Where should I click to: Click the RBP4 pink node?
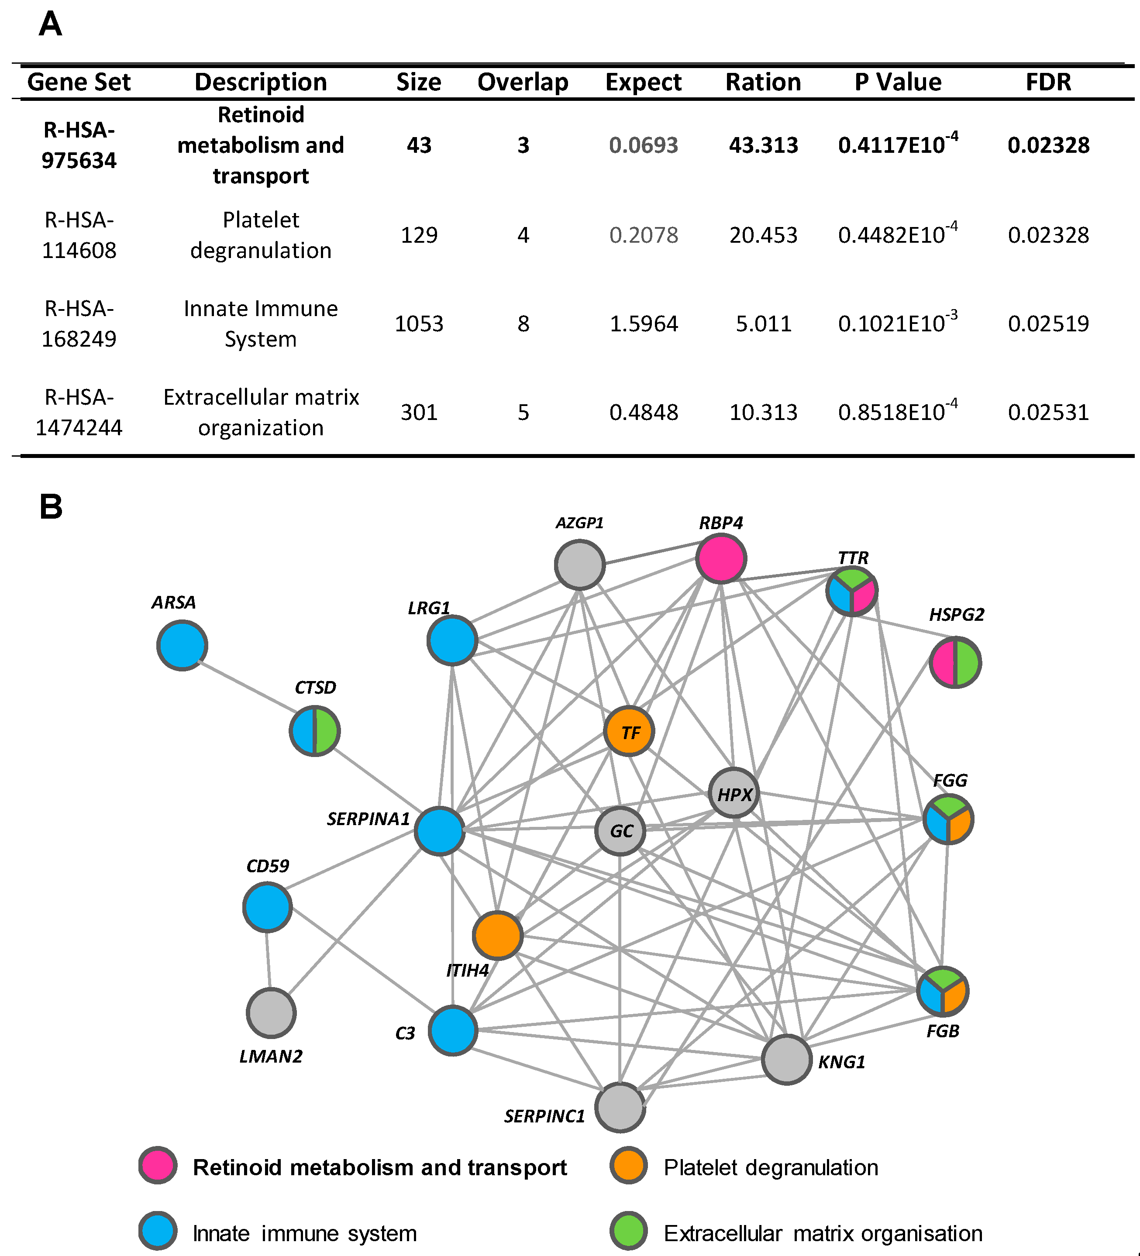721,558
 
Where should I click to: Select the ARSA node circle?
182,645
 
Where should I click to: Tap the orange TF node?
629,731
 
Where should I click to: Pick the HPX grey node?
734,793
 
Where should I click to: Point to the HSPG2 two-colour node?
955,662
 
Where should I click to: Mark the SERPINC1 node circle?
620,1107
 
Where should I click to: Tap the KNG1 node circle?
787,1060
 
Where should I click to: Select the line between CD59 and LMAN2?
269,960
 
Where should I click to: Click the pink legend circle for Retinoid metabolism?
158,1165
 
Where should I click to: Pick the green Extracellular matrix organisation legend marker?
629,1231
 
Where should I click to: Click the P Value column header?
898,82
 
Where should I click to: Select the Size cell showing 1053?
419,324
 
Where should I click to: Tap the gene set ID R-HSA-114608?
79,235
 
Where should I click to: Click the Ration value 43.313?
763,145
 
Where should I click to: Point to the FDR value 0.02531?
1048,413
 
